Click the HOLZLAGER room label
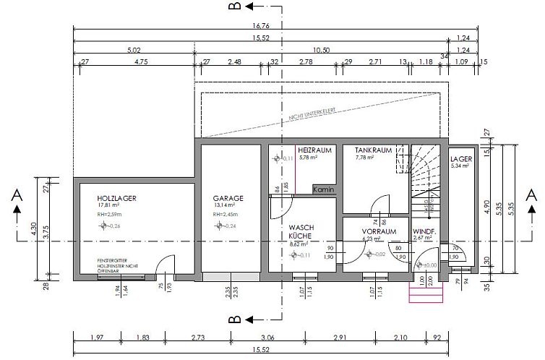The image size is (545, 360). click(x=117, y=197)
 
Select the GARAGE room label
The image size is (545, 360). click(x=228, y=197)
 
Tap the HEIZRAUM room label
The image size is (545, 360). click(x=314, y=150)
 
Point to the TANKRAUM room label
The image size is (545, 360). click(x=373, y=150)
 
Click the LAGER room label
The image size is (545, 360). click(x=460, y=158)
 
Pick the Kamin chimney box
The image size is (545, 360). click(x=323, y=189)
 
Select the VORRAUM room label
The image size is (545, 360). click(x=379, y=231)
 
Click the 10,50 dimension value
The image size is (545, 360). click(x=320, y=50)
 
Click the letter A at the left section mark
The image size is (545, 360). click(x=16, y=195)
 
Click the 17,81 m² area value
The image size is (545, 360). click(x=111, y=205)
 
